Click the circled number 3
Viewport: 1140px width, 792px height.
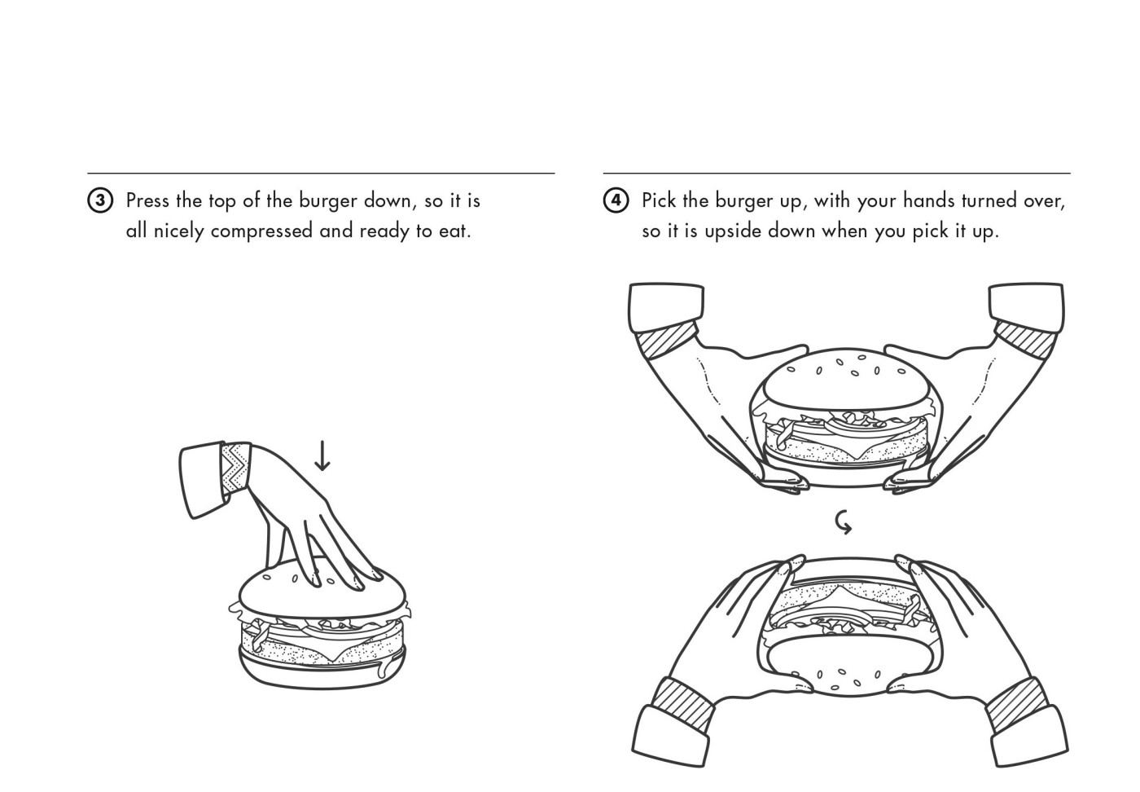tap(99, 201)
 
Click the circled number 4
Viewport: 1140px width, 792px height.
tap(616, 200)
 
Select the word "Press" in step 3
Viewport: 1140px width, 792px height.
tap(147, 200)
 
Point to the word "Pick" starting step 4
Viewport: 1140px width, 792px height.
tap(658, 200)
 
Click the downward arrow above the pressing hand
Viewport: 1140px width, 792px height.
tap(322, 455)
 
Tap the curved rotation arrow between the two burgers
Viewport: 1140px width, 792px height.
tap(844, 521)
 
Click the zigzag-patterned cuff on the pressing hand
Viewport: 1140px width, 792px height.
tap(236, 468)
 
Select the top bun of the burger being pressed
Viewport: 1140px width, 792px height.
tap(269, 587)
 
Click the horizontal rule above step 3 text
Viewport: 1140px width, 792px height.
tap(321, 174)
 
